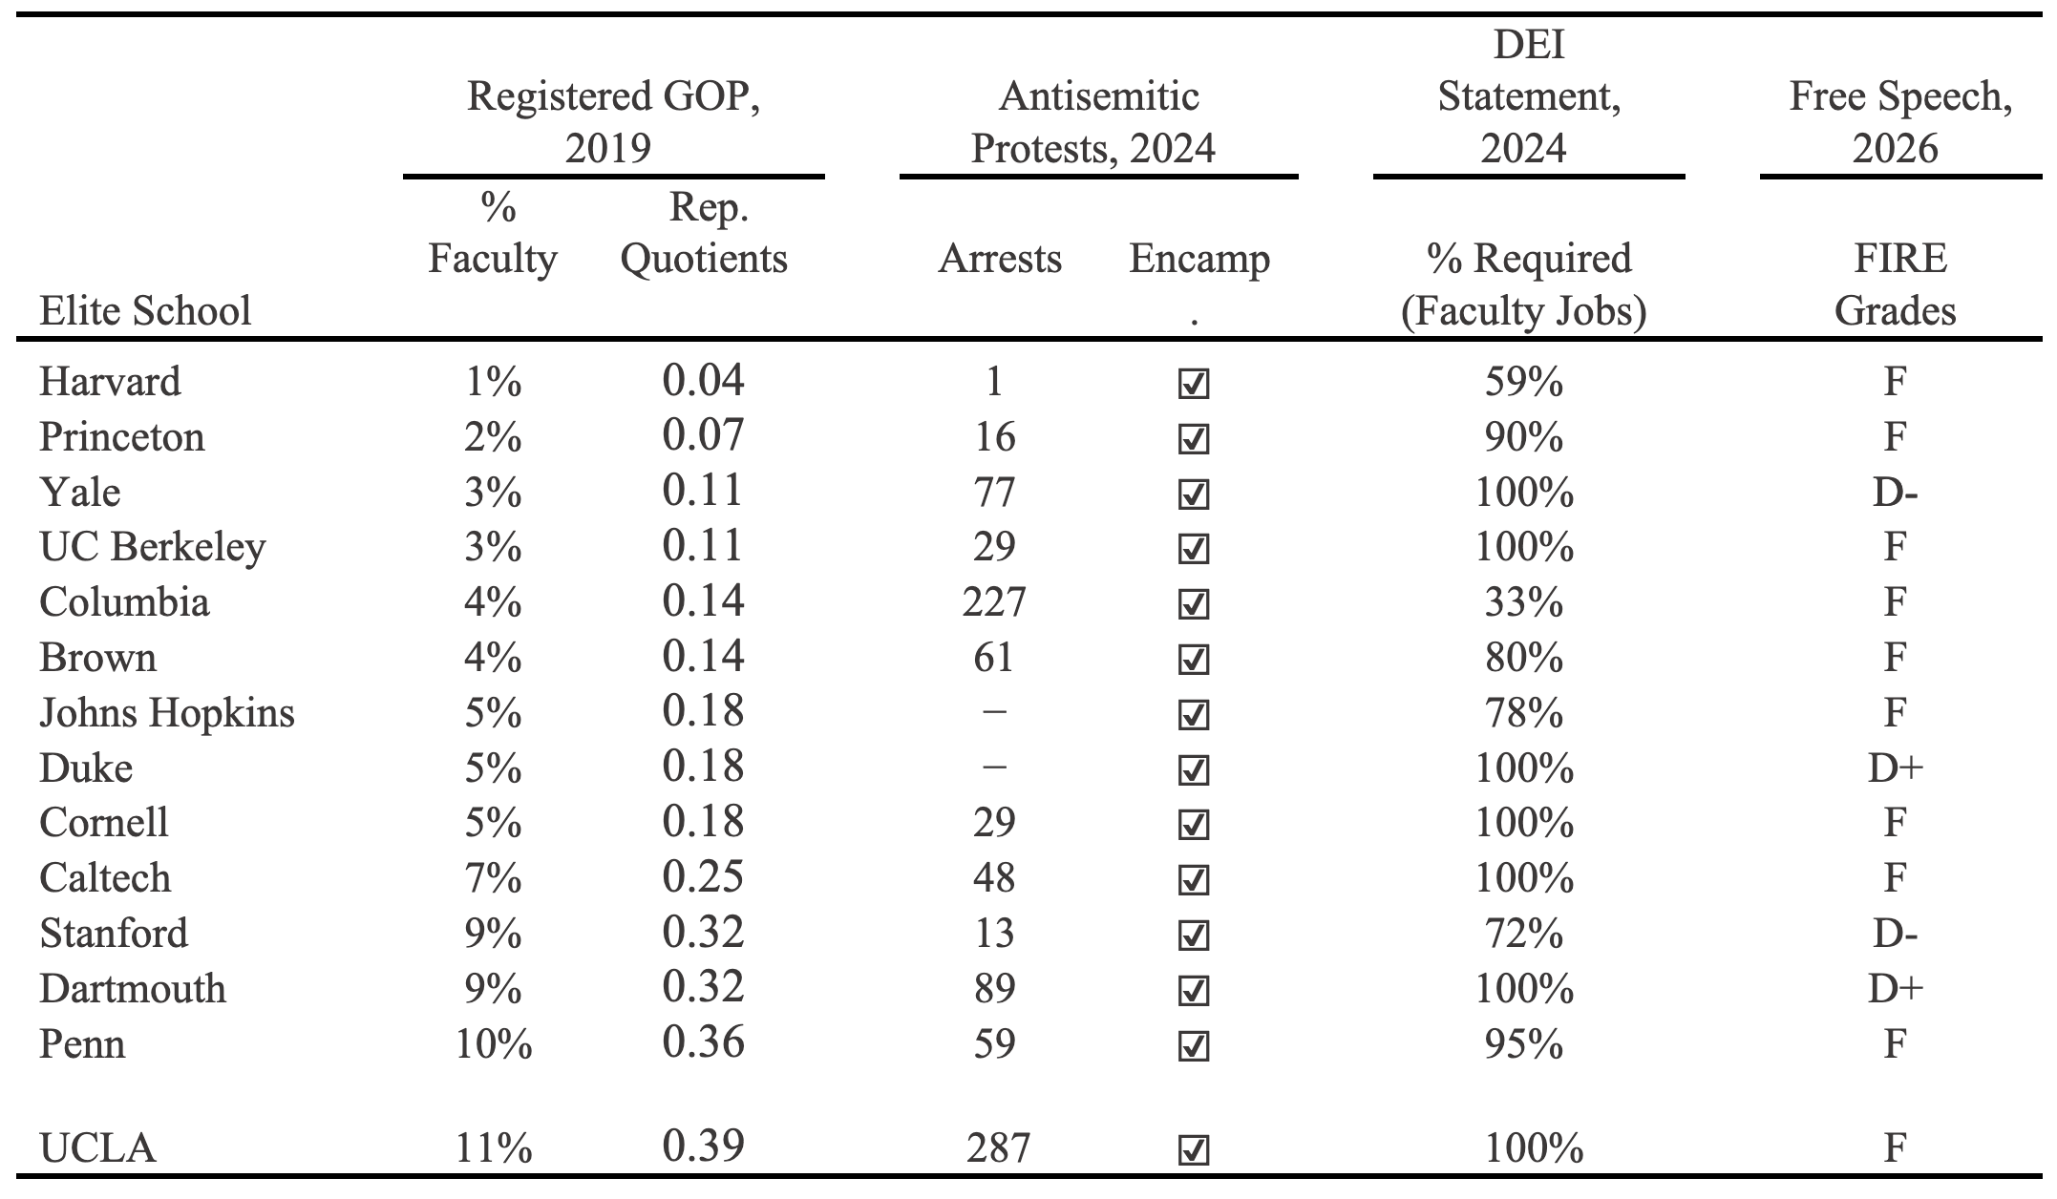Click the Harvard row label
click(x=110, y=382)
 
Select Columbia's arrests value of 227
click(x=994, y=602)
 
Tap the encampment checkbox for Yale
click(x=1194, y=494)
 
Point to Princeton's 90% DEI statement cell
click(x=1523, y=437)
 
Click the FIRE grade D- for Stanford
click(x=1895, y=934)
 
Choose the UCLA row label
click(x=97, y=1147)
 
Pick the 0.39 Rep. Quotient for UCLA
click(x=703, y=1146)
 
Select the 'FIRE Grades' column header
click(x=1896, y=284)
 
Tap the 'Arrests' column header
click(x=1000, y=259)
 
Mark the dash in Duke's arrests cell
click(x=994, y=767)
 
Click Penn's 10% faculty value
click(x=494, y=1044)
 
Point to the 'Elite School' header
click(x=145, y=311)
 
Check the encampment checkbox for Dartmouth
click(x=1194, y=990)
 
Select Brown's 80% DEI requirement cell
click(x=1523, y=658)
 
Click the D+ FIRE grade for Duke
click(x=1895, y=768)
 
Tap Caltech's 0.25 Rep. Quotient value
click(x=703, y=876)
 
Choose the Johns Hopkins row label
click(x=167, y=713)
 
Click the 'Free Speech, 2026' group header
click(x=1900, y=122)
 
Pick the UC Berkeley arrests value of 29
click(x=994, y=547)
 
